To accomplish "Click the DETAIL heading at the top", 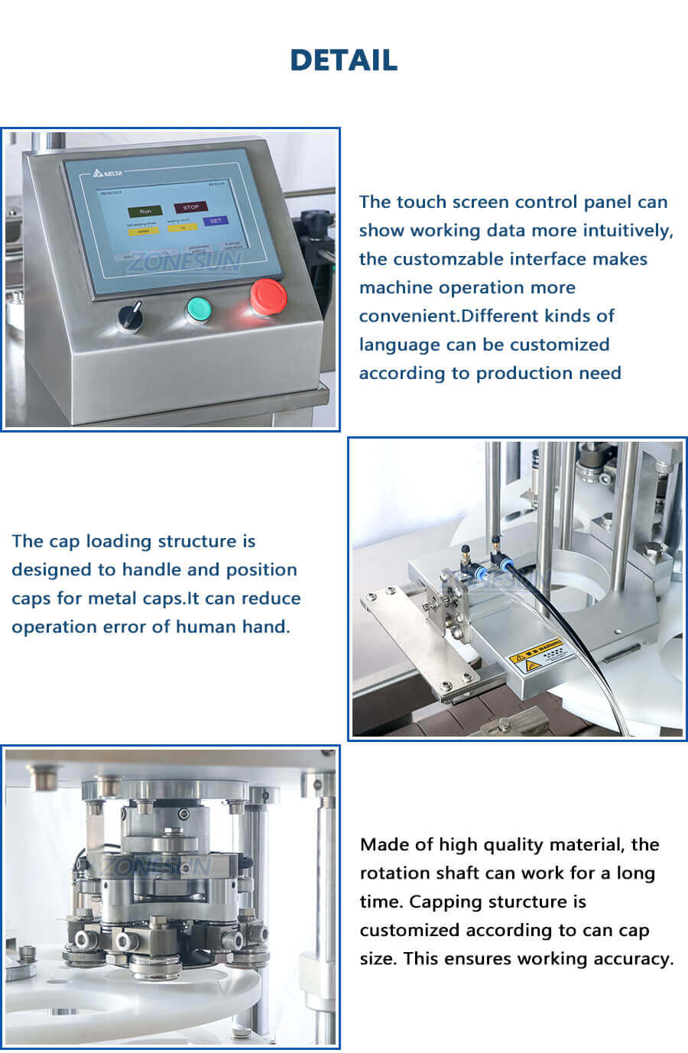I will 343,60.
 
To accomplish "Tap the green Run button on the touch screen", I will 145,210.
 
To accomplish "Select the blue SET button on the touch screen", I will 215,221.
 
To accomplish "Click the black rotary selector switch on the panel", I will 131,316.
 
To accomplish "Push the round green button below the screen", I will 199,309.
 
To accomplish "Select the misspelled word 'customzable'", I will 444,259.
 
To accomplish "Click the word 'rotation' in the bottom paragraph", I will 394,873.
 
